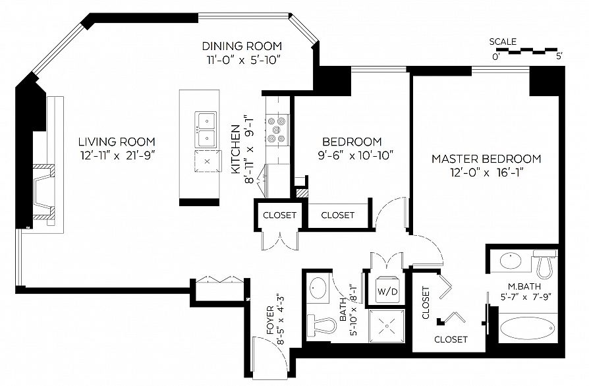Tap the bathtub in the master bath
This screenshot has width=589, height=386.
(527, 328)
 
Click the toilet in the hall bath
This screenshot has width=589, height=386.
(322, 325)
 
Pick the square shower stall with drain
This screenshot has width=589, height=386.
(387, 326)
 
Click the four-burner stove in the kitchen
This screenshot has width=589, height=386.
(277, 130)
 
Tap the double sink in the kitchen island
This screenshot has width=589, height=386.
(206, 130)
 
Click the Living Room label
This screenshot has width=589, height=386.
(117, 142)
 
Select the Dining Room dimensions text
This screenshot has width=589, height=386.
(242, 60)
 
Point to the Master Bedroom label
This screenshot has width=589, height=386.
(486, 159)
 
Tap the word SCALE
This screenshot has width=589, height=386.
(503, 41)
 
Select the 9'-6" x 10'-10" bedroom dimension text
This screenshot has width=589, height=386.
(355, 155)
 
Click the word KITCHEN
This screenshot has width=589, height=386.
(235, 149)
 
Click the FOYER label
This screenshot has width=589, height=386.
(271, 321)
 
